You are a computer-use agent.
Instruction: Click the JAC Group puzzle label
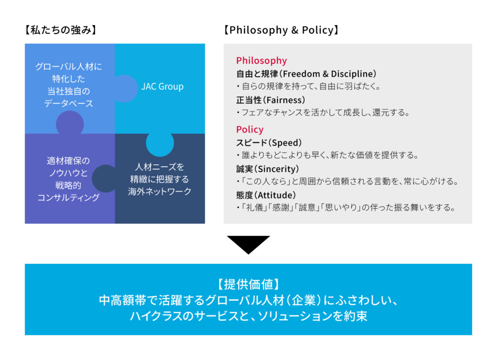coord(162,87)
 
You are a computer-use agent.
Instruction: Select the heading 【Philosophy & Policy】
coord(281,30)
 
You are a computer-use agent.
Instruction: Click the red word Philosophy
coord(261,61)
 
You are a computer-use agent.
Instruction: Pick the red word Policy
coord(249,130)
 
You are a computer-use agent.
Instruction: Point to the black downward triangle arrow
coord(248,244)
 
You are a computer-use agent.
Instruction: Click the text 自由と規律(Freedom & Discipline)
coord(306,74)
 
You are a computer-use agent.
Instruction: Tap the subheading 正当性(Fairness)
coord(270,100)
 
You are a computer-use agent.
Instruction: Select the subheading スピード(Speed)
coord(269,143)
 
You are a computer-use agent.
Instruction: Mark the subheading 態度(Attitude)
coord(266,195)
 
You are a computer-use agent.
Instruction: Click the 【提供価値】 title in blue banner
coord(248,284)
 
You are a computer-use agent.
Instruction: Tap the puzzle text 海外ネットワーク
coord(160,191)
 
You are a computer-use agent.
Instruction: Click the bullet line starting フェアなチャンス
coord(323,113)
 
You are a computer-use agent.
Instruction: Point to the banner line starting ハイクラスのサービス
coord(248,317)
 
